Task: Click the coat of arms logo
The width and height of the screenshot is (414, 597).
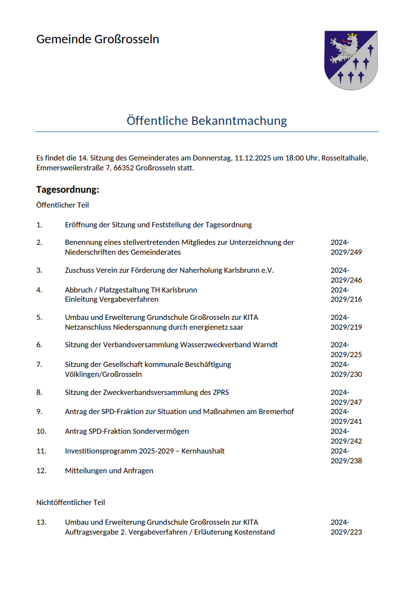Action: [350, 60]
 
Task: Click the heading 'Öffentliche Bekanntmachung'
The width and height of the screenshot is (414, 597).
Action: [206, 120]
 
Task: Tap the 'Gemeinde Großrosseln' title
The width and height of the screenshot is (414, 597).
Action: [97, 39]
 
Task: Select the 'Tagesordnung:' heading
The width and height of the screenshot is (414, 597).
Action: [67, 190]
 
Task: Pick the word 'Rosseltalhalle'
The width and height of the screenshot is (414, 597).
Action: [344, 158]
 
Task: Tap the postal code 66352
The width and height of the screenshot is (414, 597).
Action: [124, 168]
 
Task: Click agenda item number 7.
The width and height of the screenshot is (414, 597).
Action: [39, 364]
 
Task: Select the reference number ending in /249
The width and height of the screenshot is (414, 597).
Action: [346, 248]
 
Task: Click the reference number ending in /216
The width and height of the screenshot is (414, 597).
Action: [346, 295]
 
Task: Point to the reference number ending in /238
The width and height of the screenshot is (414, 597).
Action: [346, 456]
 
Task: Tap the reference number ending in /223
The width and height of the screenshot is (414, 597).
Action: [346, 527]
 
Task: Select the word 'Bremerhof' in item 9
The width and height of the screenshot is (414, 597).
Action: [277, 411]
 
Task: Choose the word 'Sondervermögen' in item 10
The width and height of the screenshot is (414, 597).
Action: [162, 431]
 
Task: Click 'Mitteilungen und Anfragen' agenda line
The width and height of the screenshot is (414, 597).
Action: [109, 470]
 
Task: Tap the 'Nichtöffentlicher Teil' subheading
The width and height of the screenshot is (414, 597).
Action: [71, 502]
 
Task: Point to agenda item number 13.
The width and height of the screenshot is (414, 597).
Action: [41, 522]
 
